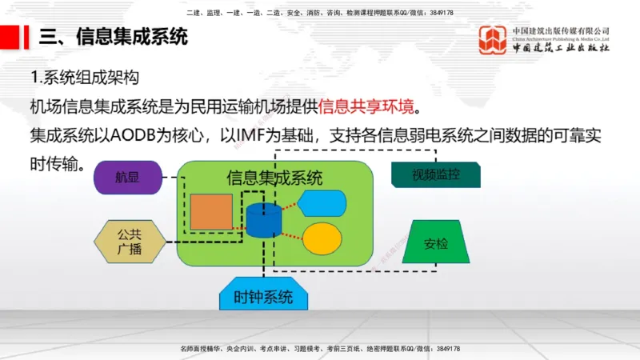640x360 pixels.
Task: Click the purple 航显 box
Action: click(x=128, y=178)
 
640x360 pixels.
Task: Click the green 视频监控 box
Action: click(x=436, y=174)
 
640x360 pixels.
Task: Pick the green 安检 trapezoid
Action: click(x=435, y=242)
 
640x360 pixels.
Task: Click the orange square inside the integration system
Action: click(x=211, y=212)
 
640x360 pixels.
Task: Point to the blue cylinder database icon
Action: click(x=265, y=220)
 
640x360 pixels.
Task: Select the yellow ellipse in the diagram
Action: click(x=322, y=238)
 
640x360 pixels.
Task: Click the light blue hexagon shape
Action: click(x=322, y=203)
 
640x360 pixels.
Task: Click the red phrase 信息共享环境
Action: click(x=369, y=107)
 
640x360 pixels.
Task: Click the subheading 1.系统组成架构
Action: click(x=85, y=78)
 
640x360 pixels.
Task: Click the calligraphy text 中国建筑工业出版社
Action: click(x=561, y=48)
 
